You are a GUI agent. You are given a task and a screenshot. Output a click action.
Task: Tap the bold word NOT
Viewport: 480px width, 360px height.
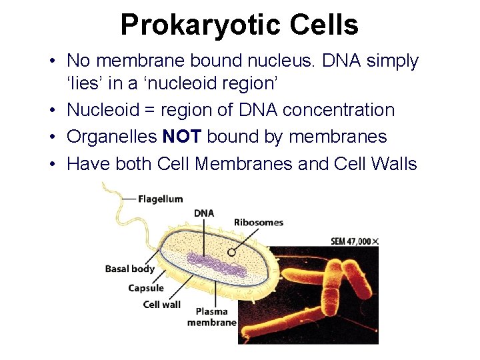[182, 137]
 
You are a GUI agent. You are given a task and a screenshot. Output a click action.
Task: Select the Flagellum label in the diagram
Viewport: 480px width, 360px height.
[161, 199]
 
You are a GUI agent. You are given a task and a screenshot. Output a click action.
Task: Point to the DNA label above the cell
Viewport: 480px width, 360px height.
[204, 213]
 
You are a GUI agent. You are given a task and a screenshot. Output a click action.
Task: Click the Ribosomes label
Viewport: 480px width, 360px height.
[259, 222]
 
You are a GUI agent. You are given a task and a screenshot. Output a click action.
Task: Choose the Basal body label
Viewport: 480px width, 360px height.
[130, 269]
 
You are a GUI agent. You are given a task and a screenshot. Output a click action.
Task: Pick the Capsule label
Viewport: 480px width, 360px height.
[146, 288]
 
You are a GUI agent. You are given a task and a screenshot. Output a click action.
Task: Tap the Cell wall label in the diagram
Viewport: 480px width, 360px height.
[162, 304]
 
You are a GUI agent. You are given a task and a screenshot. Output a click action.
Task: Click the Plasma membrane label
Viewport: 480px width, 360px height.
[212, 317]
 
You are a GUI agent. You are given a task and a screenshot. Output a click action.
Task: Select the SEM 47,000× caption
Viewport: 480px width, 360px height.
[355, 241]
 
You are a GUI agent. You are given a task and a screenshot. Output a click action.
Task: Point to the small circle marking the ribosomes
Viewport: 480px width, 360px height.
[232, 253]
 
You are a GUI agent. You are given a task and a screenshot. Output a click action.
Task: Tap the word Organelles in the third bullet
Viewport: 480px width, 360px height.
[112, 137]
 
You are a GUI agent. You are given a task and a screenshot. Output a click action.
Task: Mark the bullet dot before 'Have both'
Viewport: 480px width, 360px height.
[52, 164]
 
